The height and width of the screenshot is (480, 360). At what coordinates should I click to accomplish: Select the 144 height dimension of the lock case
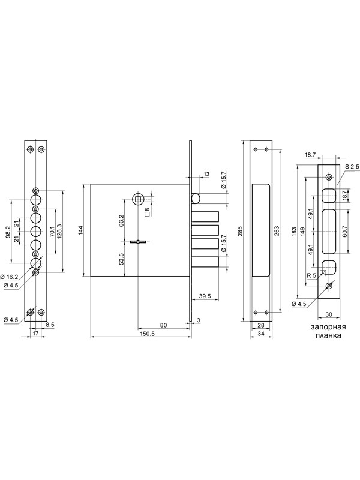[80, 230]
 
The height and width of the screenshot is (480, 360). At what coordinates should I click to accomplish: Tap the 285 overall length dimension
[239, 231]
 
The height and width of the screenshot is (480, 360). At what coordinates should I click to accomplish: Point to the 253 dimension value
[276, 231]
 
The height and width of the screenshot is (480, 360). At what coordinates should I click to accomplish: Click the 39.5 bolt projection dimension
[205, 296]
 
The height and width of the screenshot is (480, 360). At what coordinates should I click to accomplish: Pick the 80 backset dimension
[163, 325]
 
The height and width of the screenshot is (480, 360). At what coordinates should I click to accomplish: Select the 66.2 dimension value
[121, 221]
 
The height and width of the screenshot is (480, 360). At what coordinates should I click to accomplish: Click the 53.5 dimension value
[121, 259]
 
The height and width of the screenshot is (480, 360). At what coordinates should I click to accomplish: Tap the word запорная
[328, 327]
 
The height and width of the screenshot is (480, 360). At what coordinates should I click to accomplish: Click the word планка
[328, 335]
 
